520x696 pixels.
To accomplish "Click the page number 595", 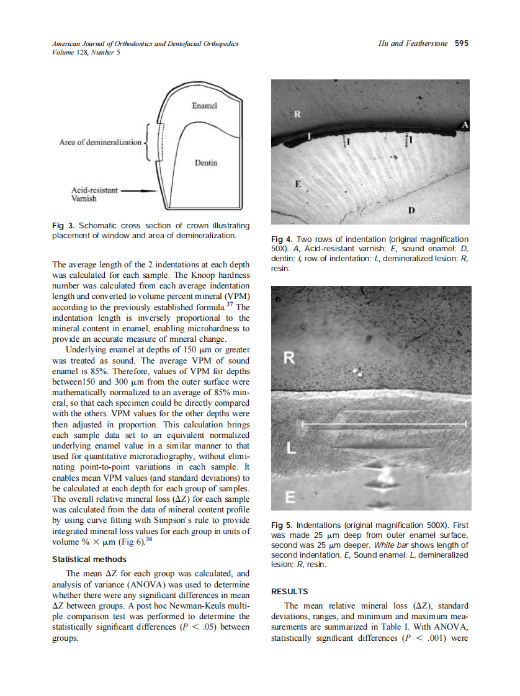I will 461,43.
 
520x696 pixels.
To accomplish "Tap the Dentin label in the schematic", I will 206,163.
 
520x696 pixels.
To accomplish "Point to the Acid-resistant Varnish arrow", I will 138,191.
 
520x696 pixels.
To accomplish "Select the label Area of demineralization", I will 101,142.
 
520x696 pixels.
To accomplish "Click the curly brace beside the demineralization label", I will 147,142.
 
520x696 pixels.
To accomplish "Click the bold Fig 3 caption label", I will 63,226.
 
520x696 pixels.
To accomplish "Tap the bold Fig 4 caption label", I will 282,239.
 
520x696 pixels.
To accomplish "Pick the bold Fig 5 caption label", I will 282,524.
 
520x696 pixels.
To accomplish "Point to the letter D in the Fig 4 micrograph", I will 411,210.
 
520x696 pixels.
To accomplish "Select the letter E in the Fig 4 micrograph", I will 298,184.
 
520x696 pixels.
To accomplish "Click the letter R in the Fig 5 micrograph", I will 289,358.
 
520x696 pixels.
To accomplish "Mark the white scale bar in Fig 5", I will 383,424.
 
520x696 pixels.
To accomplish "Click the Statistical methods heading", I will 89,560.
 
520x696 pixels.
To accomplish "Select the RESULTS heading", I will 290,592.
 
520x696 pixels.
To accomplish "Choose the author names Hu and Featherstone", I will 413,43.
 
